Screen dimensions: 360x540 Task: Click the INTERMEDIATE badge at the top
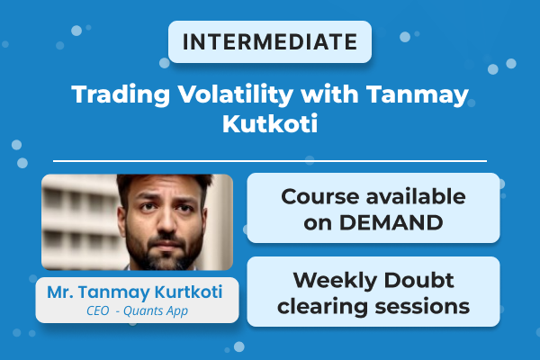click(270, 41)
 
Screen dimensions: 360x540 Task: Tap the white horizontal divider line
click(270, 161)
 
